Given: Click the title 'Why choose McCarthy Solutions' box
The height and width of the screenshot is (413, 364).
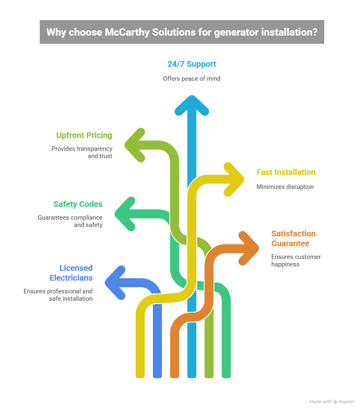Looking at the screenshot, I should pyautogui.click(x=182, y=32).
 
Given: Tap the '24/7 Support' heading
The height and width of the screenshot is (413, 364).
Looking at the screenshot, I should pyautogui.click(x=192, y=64).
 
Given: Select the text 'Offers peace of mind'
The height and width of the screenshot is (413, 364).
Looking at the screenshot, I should pyautogui.click(x=192, y=78).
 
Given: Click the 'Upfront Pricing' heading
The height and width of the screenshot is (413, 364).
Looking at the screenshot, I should pyautogui.click(x=84, y=135).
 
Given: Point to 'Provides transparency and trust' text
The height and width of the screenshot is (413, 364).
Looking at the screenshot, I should pyautogui.click(x=82, y=152).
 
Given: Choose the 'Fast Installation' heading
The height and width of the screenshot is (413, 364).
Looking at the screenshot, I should pyautogui.click(x=286, y=172).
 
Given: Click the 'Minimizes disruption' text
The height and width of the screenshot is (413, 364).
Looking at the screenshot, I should pyautogui.click(x=285, y=187).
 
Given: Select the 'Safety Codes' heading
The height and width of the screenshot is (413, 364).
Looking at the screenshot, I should pyautogui.click(x=78, y=204).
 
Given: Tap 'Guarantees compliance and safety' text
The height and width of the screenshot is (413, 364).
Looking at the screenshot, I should pyautogui.click(x=70, y=221).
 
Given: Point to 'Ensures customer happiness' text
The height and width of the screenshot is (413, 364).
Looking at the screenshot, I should pyautogui.click(x=296, y=261).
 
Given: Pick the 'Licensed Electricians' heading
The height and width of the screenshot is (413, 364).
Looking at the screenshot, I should pyautogui.click(x=71, y=273).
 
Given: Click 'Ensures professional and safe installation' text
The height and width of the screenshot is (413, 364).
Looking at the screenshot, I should pyautogui.click(x=58, y=295).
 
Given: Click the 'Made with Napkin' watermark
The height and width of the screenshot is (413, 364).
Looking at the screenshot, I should pyautogui.click(x=332, y=402).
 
